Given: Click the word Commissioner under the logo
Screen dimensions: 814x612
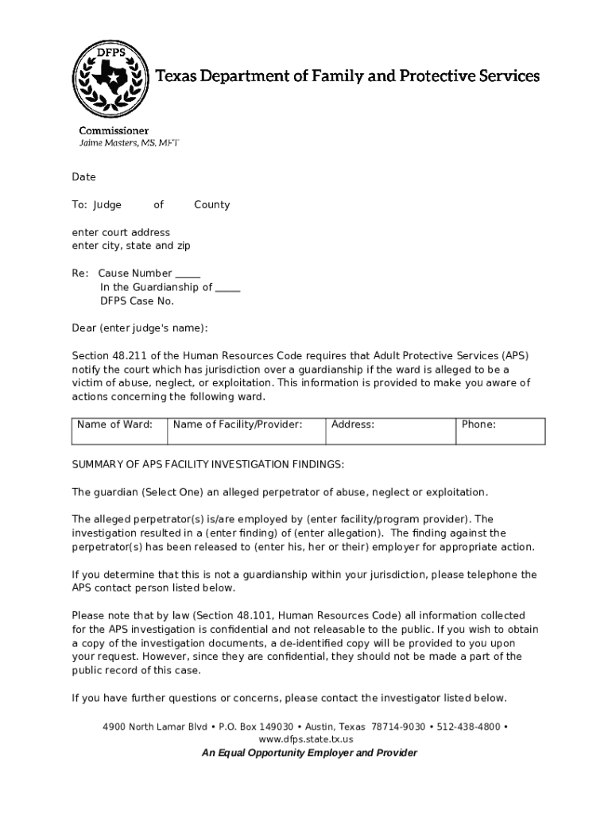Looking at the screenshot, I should click(113, 130).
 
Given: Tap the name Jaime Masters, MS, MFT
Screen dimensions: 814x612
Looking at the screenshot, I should click(128, 143).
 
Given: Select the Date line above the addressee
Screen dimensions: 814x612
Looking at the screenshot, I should click(83, 177).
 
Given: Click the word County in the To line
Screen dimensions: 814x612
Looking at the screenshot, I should click(211, 204).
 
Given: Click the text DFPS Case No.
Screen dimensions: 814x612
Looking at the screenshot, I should click(137, 300).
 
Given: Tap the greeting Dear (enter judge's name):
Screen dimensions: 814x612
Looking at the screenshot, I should click(140, 328).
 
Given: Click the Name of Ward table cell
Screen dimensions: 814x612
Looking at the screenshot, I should click(118, 430).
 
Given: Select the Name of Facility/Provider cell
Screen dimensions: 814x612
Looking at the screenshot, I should click(246, 430).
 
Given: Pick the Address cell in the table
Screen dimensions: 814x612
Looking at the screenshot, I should click(390, 430).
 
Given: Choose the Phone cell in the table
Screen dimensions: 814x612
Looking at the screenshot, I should click(500, 430).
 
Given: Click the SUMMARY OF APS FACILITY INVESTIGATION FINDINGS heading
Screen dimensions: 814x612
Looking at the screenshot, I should click(208, 464).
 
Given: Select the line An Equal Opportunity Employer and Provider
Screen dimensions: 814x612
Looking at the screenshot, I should click(309, 753).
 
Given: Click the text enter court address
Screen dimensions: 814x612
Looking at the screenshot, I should click(121, 232).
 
